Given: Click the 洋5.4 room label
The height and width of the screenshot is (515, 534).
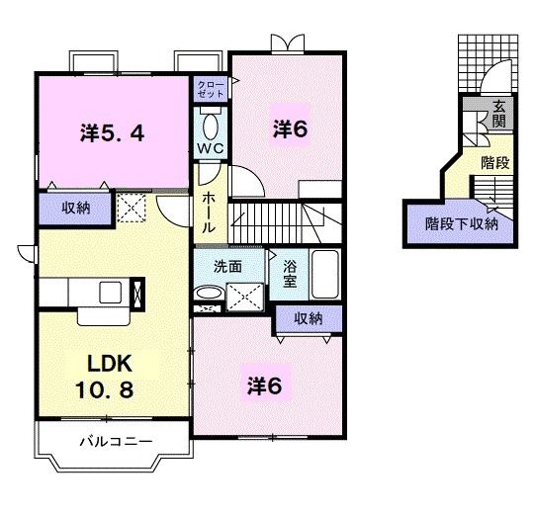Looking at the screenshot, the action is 113,133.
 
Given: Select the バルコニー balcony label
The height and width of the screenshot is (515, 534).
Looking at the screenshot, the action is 116,442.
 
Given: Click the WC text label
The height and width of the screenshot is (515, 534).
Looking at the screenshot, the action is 211,148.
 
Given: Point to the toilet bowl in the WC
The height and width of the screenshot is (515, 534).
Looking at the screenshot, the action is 210,127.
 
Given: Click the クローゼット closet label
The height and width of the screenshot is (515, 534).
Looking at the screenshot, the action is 211,90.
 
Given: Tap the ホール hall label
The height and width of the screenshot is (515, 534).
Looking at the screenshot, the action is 209,213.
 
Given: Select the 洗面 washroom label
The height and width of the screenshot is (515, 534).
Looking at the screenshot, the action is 227,267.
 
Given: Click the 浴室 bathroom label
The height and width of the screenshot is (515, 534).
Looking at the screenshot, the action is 290,274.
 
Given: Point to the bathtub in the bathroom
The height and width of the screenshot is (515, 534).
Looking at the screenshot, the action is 325,275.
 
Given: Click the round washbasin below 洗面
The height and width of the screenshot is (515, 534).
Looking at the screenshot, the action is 210,294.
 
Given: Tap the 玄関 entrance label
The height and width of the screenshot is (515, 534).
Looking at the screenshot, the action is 499,115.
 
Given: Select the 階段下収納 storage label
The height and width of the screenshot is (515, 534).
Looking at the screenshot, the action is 462,224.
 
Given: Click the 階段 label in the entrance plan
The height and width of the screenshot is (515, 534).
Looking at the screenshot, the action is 494,163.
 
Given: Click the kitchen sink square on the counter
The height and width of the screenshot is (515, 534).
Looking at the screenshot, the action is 111,293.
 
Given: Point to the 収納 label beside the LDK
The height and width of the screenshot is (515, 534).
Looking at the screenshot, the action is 76,208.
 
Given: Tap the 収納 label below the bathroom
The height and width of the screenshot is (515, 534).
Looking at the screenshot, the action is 309,318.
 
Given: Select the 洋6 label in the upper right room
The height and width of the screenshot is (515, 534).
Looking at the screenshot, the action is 290,129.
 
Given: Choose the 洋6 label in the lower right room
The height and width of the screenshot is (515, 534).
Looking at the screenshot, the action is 265,386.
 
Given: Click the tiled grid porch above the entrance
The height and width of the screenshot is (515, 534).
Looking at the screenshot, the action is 488,63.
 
